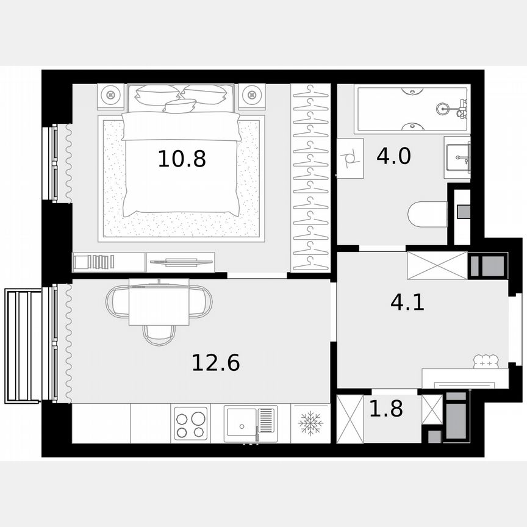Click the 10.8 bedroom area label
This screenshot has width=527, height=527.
(x=182, y=159)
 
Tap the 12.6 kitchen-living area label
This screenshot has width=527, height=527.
(x=215, y=363)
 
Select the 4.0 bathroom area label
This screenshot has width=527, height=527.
(x=393, y=156)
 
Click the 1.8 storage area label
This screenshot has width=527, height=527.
(x=386, y=409)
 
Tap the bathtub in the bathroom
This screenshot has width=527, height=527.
(x=413, y=109)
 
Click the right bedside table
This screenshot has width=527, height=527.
(x=252, y=95)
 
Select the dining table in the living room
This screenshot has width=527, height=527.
(x=159, y=303)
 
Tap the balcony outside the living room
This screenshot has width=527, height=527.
(x=23, y=346)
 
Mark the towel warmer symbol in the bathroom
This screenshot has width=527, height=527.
(x=350, y=158)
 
